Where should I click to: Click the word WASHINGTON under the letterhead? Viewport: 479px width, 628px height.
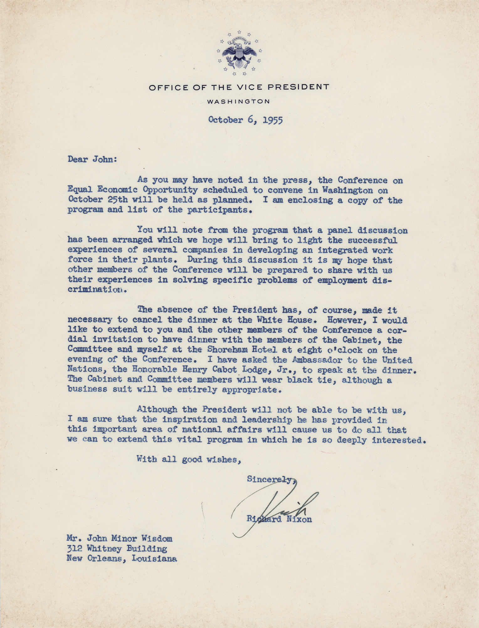[x=239, y=101]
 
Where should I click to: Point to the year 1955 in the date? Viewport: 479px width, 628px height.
[x=272, y=120]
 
